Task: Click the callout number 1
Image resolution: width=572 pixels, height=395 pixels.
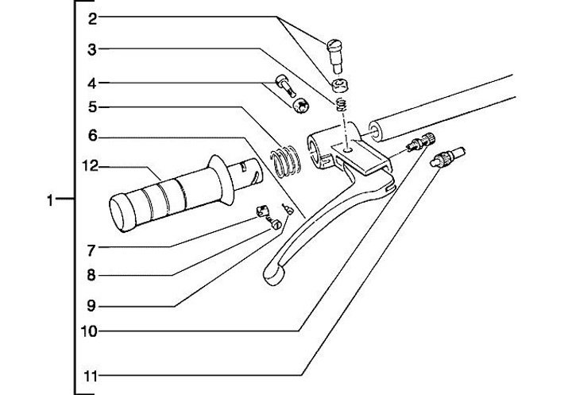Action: (x=52, y=202)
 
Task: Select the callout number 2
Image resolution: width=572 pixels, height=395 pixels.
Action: (x=92, y=17)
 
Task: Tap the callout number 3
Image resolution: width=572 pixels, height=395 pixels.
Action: (x=92, y=49)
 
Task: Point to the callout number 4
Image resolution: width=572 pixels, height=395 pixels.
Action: (x=92, y=82)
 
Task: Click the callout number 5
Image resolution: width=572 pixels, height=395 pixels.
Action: (x=92, y=106)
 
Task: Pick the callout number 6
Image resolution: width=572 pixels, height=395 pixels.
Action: (x=92, y=136)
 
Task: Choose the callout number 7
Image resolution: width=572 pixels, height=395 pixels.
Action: (x=92, y=250)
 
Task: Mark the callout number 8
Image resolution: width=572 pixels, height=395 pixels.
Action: (x=92, y=276)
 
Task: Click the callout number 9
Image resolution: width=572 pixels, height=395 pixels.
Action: (x=92, y=303)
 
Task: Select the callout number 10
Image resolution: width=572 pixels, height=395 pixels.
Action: (x=92, y=331)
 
